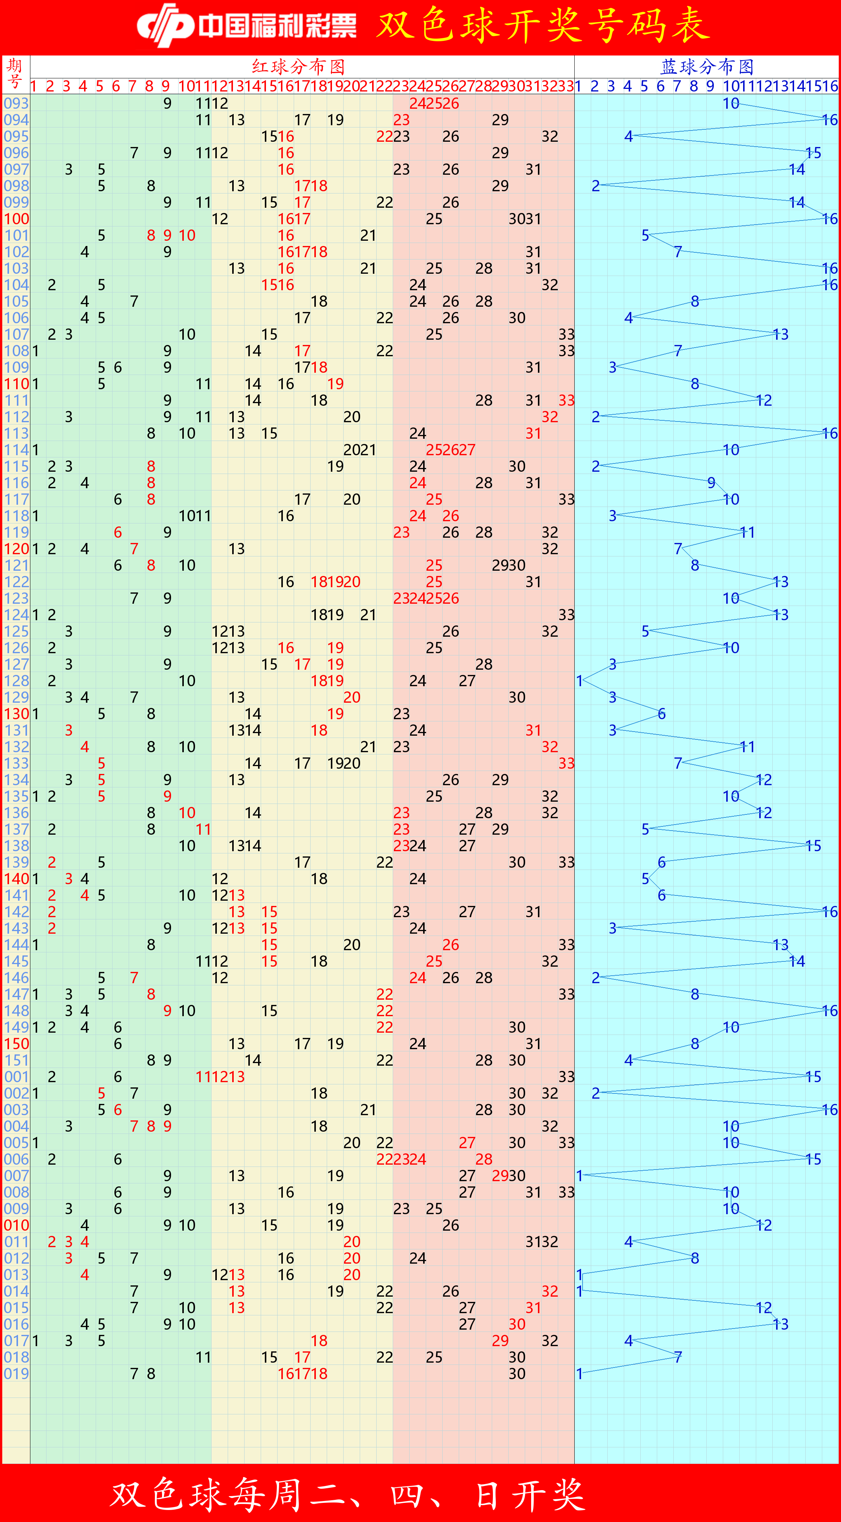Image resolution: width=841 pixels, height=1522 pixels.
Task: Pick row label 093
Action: click(x=16, y=103)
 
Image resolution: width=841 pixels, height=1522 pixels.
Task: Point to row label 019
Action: click(x=16, y=1374)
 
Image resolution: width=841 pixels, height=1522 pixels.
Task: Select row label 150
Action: click(x=16, y=1044)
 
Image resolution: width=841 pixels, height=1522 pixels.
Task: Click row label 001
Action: click(x=16, y=1077)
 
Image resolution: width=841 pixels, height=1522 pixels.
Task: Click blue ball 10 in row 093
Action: click(x=730, y=103)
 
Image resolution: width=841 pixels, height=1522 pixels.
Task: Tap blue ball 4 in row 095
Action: click(x=628, y=136)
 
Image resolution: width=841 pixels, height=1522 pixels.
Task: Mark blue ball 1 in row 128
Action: click(x=579, y=681)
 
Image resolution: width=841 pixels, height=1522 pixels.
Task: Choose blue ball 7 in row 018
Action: click(x=678, y=1357)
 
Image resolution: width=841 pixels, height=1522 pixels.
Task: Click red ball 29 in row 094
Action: click(x=500, y=120)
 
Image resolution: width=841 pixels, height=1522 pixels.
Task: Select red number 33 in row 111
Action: click(x=566, y=400)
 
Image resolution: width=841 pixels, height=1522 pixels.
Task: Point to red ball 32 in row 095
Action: click(x=550, y=136)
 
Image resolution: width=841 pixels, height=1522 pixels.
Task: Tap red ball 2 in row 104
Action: click(x=52, y=285)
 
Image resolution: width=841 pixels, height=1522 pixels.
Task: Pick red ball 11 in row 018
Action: click(x=203, y=1357)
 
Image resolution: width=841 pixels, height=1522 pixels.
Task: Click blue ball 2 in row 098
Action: click(x=595, y=186)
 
